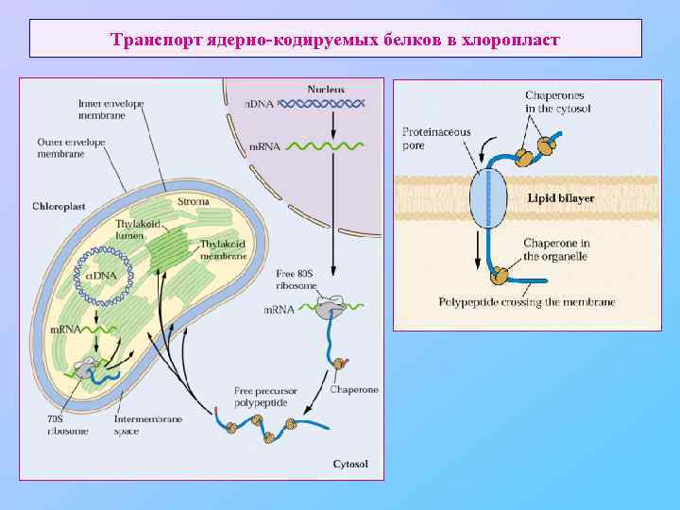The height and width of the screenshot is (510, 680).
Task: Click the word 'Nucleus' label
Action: pyautogui.click(x=325, y=89)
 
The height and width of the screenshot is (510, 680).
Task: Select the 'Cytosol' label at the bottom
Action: pyautogui.click(x=350, y=464)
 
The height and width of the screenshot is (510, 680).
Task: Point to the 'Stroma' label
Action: pyautogui.click(x=187, y=202)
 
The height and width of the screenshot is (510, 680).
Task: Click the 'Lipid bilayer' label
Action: pyautogui.click(x=561, y=198)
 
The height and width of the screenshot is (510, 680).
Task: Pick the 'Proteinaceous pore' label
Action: pyautogui.click(x=436, y=139)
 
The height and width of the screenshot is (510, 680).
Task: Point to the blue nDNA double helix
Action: pyautogui.click(x=319, y=104)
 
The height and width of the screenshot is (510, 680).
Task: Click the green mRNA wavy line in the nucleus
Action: pyautogui.click(x=320, y=146)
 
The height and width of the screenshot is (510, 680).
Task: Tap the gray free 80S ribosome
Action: pyautogui.click(x=330, y=307)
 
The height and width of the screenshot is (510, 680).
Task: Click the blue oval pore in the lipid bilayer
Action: pyautogui.click(x=488, y=198)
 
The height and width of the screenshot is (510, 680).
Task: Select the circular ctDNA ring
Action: pyautogui.click(x=104, y=273)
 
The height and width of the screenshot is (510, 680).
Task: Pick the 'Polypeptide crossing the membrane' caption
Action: pyautogui.click(x=527, y=302)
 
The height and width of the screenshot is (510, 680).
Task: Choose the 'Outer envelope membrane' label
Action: pyautogui.click(x=72, y=148)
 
